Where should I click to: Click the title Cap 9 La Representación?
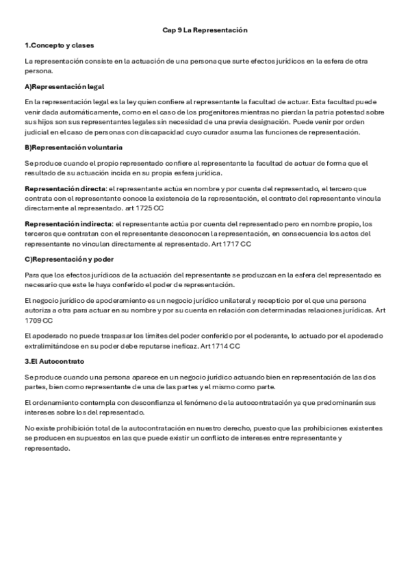(x=205, y=31)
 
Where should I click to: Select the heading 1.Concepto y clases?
(x=53, y=46)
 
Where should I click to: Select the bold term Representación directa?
(x=65, y=188)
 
